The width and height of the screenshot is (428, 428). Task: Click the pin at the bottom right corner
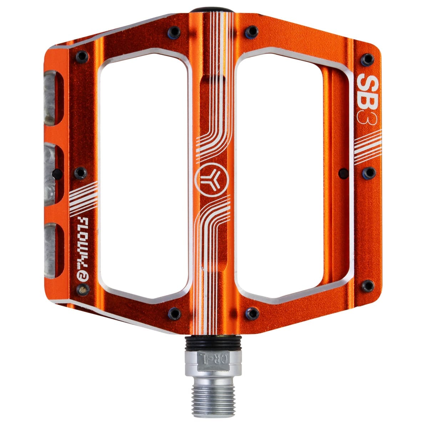[367, 285]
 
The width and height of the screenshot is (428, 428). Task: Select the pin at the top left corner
[81, 56]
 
